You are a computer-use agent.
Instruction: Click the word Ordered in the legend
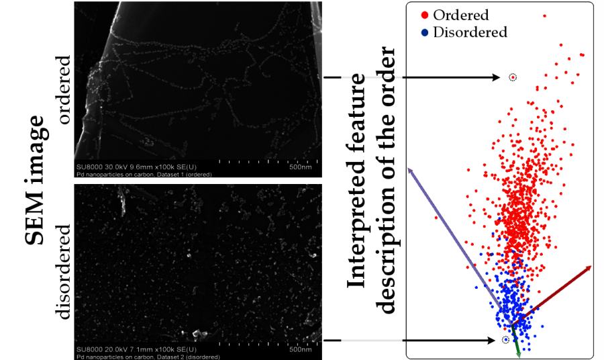(x=460, y=15)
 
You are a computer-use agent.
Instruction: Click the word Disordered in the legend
(x=470, y=32)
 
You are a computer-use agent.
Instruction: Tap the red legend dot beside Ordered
(x=424, y=15)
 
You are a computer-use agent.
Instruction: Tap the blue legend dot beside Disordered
(x=424, y=32)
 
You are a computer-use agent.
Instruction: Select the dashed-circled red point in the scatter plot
(x=513, y=77)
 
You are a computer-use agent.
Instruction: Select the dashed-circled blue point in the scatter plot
(x=505, y=341)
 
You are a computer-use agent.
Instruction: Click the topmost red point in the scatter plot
(x=544, y=15)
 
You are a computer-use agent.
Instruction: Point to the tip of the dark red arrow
(x=591, y=266)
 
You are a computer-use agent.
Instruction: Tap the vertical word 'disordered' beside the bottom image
(x=64, y=272)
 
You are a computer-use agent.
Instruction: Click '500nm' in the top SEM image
(x=299, y=168)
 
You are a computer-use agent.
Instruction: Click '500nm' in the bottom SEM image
(x=299, y=349)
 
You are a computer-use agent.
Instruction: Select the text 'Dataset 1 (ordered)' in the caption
(x=181, y=174)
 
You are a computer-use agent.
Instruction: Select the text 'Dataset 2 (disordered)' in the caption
(x=184, y=355)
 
